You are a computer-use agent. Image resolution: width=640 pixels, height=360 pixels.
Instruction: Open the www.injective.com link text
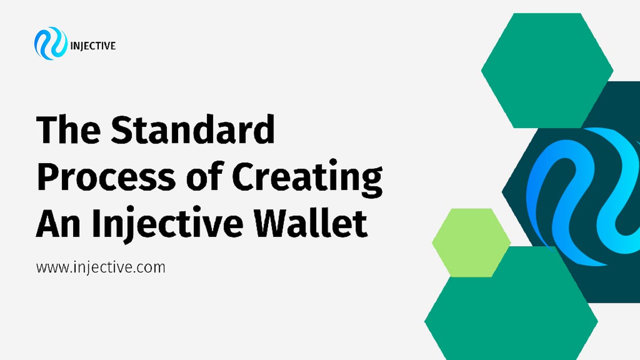point(100,267)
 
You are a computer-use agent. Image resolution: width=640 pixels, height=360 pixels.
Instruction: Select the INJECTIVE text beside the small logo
point(93,46)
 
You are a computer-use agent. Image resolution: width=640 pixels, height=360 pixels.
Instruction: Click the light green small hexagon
point(471,242)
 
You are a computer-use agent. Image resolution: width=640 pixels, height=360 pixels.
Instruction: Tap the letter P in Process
point(49,177)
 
